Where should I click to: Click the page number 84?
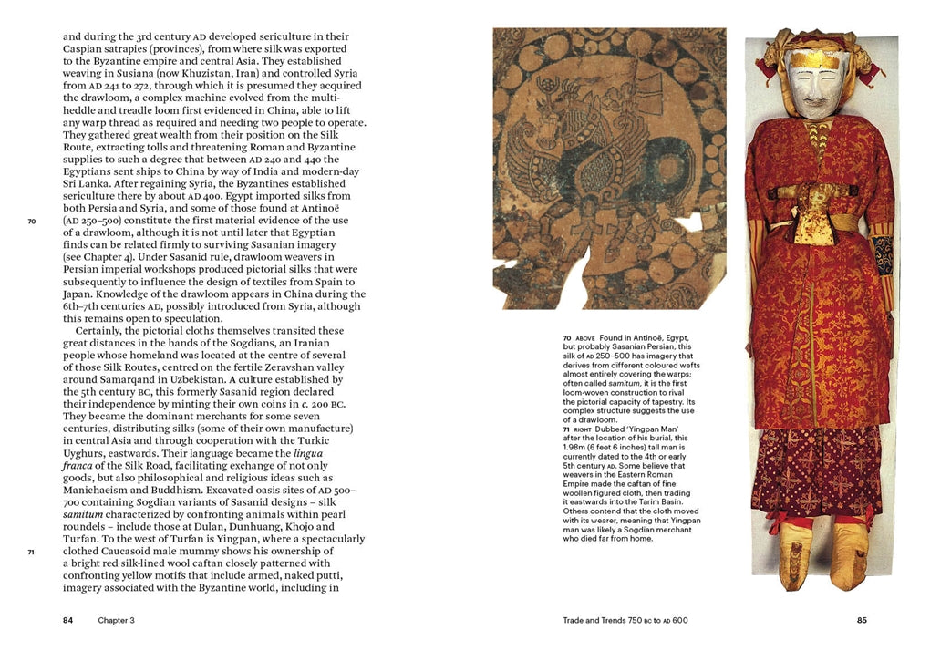click(x=67, y=621)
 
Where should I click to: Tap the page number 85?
click(x=862, y=621)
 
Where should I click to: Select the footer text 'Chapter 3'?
click(x=117, y=621)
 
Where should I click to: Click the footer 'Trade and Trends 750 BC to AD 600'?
click(x=625, y=621)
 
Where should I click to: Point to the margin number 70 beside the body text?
click(x=31, y=221)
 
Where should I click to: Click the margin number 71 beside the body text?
click(x=31, y=552)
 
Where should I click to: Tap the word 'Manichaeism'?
click(x=103, y=478)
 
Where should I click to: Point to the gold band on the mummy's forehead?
click(x=815, y=58)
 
